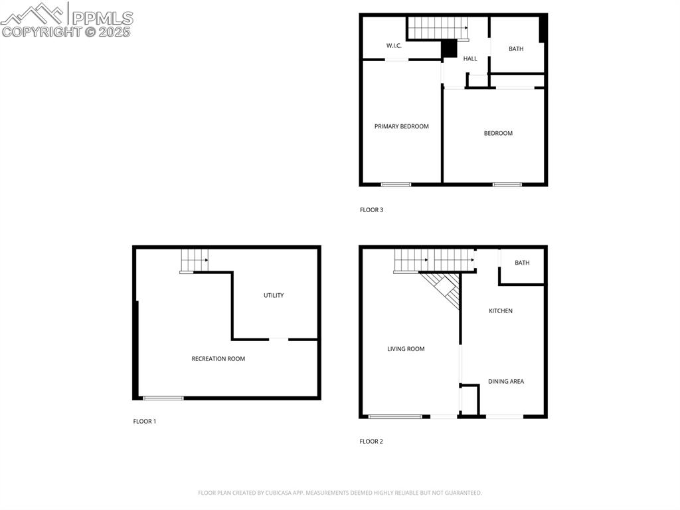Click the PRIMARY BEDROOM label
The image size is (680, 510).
[401, 126]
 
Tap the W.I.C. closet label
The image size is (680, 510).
[394, 46]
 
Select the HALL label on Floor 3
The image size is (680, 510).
[470, 59]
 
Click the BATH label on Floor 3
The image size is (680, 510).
[516, 49]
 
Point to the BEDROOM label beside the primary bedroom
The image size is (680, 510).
[498, 133]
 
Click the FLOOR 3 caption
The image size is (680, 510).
[371, 210]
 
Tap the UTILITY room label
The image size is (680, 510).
[274, 295]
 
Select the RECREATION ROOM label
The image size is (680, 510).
[218, 359]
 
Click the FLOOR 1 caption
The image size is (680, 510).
[144, 422]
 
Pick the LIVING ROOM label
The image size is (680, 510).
[406, 349]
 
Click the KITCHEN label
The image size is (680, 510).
[501, 311]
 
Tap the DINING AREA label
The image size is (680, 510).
[506, 382]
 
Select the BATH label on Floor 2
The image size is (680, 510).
[522, 263]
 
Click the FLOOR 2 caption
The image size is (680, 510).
[371, 442]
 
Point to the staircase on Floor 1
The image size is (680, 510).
[195, 260]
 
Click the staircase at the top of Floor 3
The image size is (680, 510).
[438, 28]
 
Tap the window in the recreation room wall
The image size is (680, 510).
[163, 398]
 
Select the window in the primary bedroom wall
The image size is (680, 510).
[396, 184]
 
